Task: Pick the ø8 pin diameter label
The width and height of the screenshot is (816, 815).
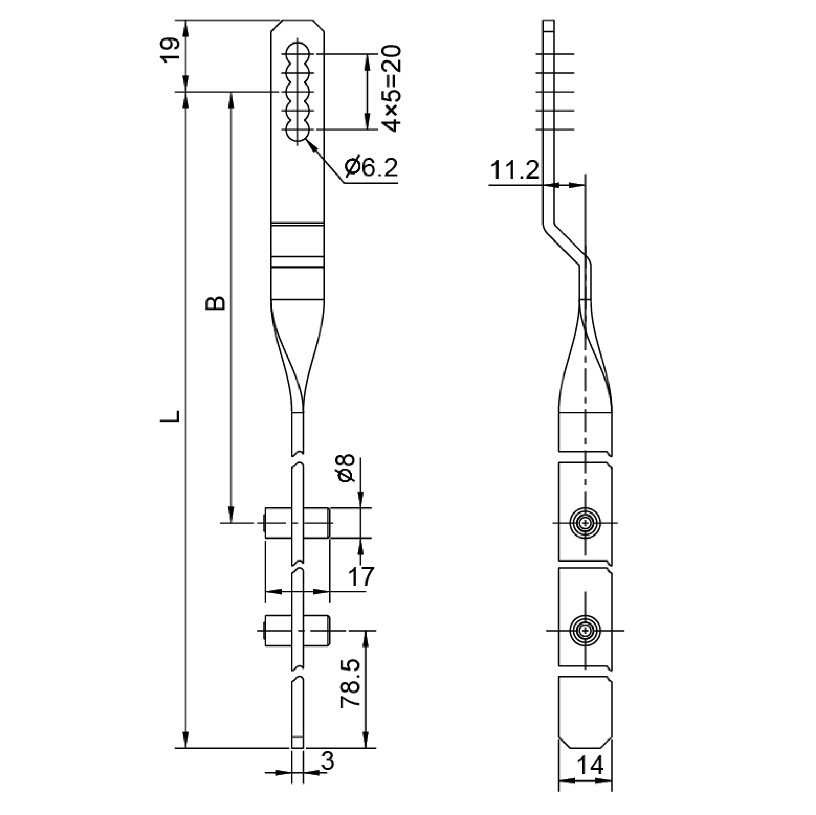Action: click(346, 468)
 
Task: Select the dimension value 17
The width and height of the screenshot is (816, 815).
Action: click(361, 576)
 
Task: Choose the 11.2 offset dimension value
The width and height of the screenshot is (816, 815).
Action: click(514, 171)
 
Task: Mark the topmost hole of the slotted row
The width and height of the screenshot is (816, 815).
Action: click(298, 54)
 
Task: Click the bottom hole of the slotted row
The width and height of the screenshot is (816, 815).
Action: click(298, 130)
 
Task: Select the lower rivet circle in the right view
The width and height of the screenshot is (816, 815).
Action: click(585, 630)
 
